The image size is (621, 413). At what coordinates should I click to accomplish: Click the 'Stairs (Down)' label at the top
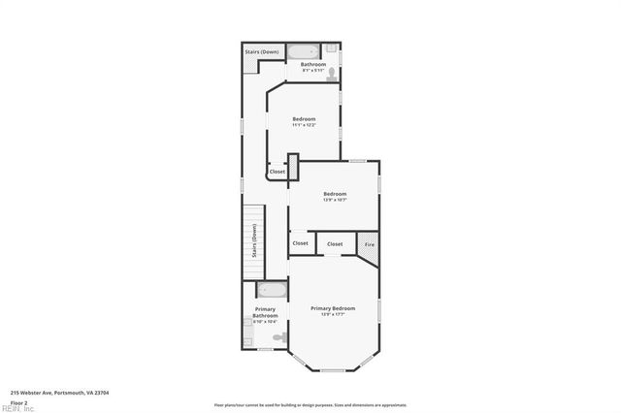tap(263, 50)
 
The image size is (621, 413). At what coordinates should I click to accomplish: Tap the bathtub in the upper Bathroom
tap(305, 51)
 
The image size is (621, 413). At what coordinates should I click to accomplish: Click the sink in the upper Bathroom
tap(331, 48)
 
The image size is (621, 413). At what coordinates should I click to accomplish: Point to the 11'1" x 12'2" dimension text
tap(305, 125)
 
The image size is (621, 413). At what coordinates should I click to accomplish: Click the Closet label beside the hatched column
tap(278, 172)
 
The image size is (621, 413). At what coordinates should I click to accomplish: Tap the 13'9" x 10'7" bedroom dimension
tap(335, 200)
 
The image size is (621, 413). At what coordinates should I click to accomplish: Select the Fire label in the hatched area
tap(369, 244)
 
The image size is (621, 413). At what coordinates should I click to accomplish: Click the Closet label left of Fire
tap(335, 243)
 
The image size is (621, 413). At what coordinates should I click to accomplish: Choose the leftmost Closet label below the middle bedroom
tap(301, 243)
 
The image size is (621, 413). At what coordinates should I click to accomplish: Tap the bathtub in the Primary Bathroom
tap(272, 290)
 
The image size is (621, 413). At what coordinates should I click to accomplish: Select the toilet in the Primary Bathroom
tap(278, 337)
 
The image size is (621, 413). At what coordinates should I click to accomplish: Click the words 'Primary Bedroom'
tap(333, 308)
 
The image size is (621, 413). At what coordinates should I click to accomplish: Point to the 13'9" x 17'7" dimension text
tap(333, 314)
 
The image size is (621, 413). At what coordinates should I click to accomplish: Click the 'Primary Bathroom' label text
tap(265, 312)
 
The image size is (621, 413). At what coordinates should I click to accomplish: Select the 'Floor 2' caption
tap(18, 401)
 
